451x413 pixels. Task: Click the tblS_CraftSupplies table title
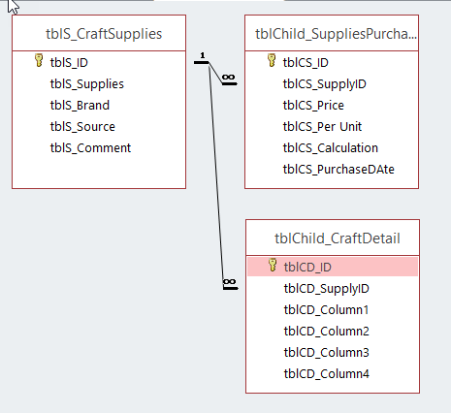pyautogui.click(x=104, y=34)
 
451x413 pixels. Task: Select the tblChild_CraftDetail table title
pyautogui.click(x=338, y=238)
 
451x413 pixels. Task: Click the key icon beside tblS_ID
pyautogui.click(x=39, y=60)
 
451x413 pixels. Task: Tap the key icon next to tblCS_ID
pyautogui.click(x=272, y=60)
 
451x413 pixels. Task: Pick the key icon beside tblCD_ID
pyautogui.click(x=273, y=265)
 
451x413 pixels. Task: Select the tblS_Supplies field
pyautogui.click(x=87, y=84)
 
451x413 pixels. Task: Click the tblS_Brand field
pyautogui.click(x=80, y=106)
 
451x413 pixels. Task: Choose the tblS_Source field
pyautogui.click(x=82, y=127)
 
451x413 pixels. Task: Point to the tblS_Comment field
pyautogui.click(x=90, y=148)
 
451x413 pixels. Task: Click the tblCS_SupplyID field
pyautogui.click(x=325, y=84)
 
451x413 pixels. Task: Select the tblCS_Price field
pyautogui.click(x=313, y=106)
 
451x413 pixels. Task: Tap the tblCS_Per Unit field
pyautogui.click(x=322, y=127)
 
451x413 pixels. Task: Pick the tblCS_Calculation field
pyautogui.click(x=331, y=148)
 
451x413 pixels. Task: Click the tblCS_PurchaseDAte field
pyautogui.click(x=338, y=170)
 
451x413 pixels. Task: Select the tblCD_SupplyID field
pyautogui.click(x=327, y=289)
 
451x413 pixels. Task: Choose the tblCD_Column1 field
pyautogui.click(x=326, y=310)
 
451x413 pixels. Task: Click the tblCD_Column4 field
pyautogui.click(x=327, y=374)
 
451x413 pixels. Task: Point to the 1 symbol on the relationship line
pyautogui.click(x=203, y=55)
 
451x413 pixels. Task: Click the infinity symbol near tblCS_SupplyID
pyautogui.click(x=228, y=78)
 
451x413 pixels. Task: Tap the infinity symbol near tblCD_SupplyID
pyautogui.click(x=229, y=282)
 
